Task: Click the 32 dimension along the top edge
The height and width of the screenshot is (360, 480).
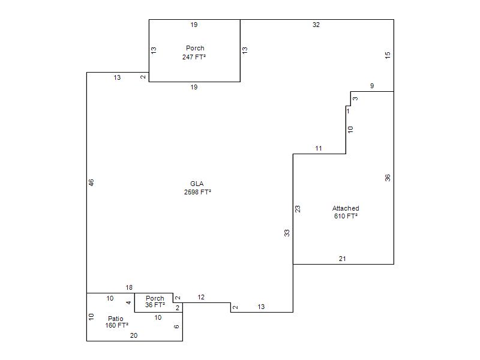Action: (x=316, y=25)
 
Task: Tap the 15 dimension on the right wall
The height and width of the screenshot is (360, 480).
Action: (x=388, y=55)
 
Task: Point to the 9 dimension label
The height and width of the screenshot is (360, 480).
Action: (x=372, y=86)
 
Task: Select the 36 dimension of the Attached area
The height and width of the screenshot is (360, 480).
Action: (x=388, y=178)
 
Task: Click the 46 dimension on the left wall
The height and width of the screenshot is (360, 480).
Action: (x=91, y=182)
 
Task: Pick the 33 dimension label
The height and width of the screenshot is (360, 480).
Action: (x=287, y=233)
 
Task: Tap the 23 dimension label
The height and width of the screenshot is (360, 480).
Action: (x=298, y=209)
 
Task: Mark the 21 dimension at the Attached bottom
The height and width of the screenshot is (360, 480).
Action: (x=342, y=259)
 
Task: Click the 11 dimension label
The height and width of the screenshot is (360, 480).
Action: (x=319, y=148)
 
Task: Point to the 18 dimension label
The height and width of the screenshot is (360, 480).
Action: (x=129, y=287)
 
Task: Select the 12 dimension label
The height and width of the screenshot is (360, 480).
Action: (x=201, y=297)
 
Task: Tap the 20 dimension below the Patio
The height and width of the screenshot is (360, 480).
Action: (x=134, y=335)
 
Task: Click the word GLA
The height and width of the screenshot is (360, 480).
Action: (x=197, y=184)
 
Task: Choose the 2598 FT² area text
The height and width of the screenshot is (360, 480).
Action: (x=198, y=192)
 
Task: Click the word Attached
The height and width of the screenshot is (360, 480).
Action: (x=346, y=208)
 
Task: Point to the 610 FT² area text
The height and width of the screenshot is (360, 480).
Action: (x=346, y=216)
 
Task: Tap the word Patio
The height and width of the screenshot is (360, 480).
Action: (x=115, y=319)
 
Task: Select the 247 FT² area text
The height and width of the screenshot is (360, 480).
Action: (x=194, y=57)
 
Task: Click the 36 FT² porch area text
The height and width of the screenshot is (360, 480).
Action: (x=155, y=305)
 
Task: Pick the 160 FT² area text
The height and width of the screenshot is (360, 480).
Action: (x=116, y=325)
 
